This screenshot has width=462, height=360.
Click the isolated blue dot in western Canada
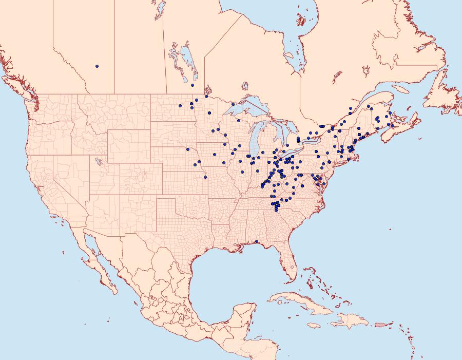(97, 66)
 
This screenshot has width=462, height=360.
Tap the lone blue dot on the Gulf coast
(256, 241)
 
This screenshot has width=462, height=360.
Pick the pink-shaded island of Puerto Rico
(380, 324)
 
